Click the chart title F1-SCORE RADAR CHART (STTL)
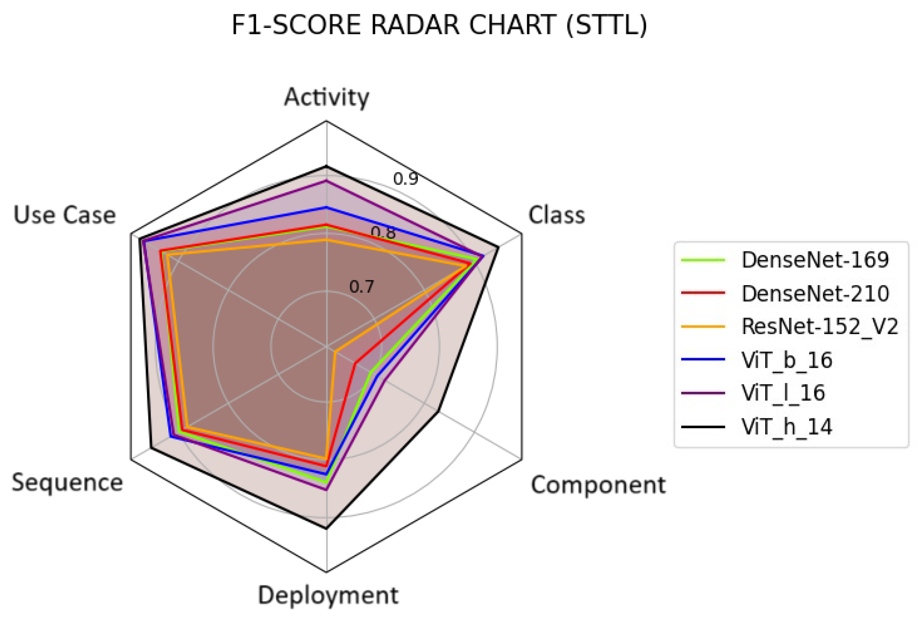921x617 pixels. click(x=439, y=25)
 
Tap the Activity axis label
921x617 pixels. click(x=326, y=97)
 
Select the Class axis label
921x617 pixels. click(x=556, y=215)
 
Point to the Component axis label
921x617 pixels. click(x=598, y=485)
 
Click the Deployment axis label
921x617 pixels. click(x=328, y=596)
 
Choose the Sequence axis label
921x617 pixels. click(x=67, y=483)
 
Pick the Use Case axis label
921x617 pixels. click(x=65, y=215)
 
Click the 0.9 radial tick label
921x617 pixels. click(x=405, y=179)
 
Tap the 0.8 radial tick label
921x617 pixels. click(x=383, y=232)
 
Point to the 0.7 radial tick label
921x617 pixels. click(x=361, y=287)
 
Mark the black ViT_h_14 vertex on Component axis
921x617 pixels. click(x=439, y=411)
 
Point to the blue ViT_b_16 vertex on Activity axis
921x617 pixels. click(x=326, y=207)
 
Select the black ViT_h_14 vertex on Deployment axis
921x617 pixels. click(x=326, y=528)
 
